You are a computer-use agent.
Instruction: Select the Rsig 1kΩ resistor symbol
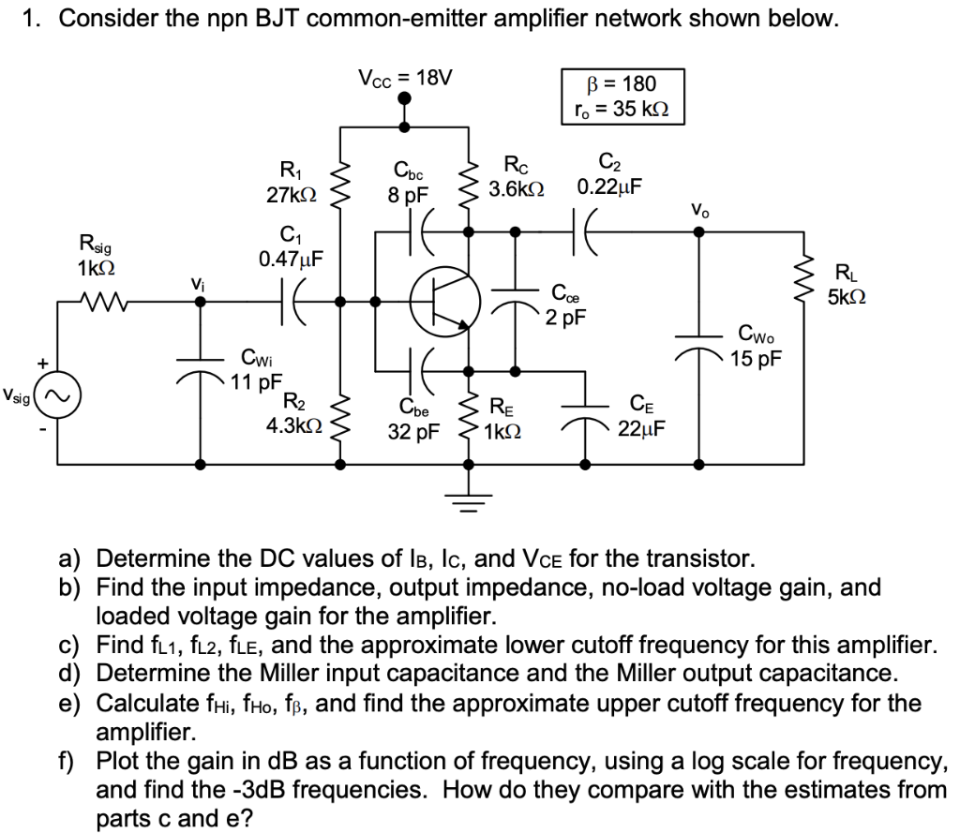(x=95, y=303)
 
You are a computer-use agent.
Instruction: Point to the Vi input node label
(x=197, y=281)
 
